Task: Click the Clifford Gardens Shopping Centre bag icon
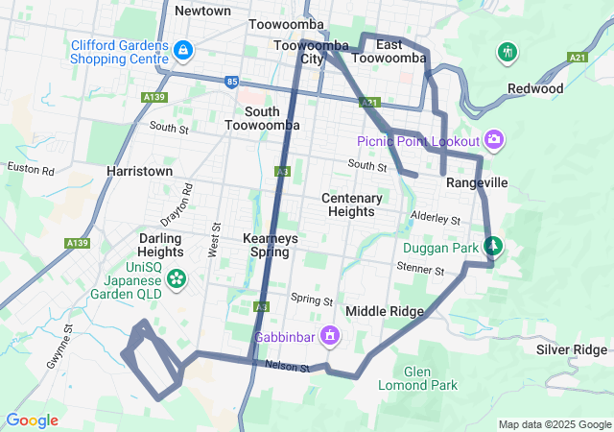tap(182, 48)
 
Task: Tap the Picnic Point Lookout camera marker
tap(494, 140)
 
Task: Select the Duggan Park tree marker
tap(493, 246)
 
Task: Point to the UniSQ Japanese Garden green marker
tap(177, 278)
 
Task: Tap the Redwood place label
tap(535, 88)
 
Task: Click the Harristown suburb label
tap(140, 171)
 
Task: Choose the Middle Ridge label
tap(385, 311)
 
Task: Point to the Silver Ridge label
tap(572, 349)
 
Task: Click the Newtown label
tap(203, 11)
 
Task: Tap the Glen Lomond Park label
tap(431, 378)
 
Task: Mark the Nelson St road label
tap(288, 366)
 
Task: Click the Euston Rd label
tap(31, 168)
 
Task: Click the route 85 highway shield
tap(233, 82)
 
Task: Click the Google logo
tap(32, 420)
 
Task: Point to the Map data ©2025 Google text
tap(554, 424)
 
